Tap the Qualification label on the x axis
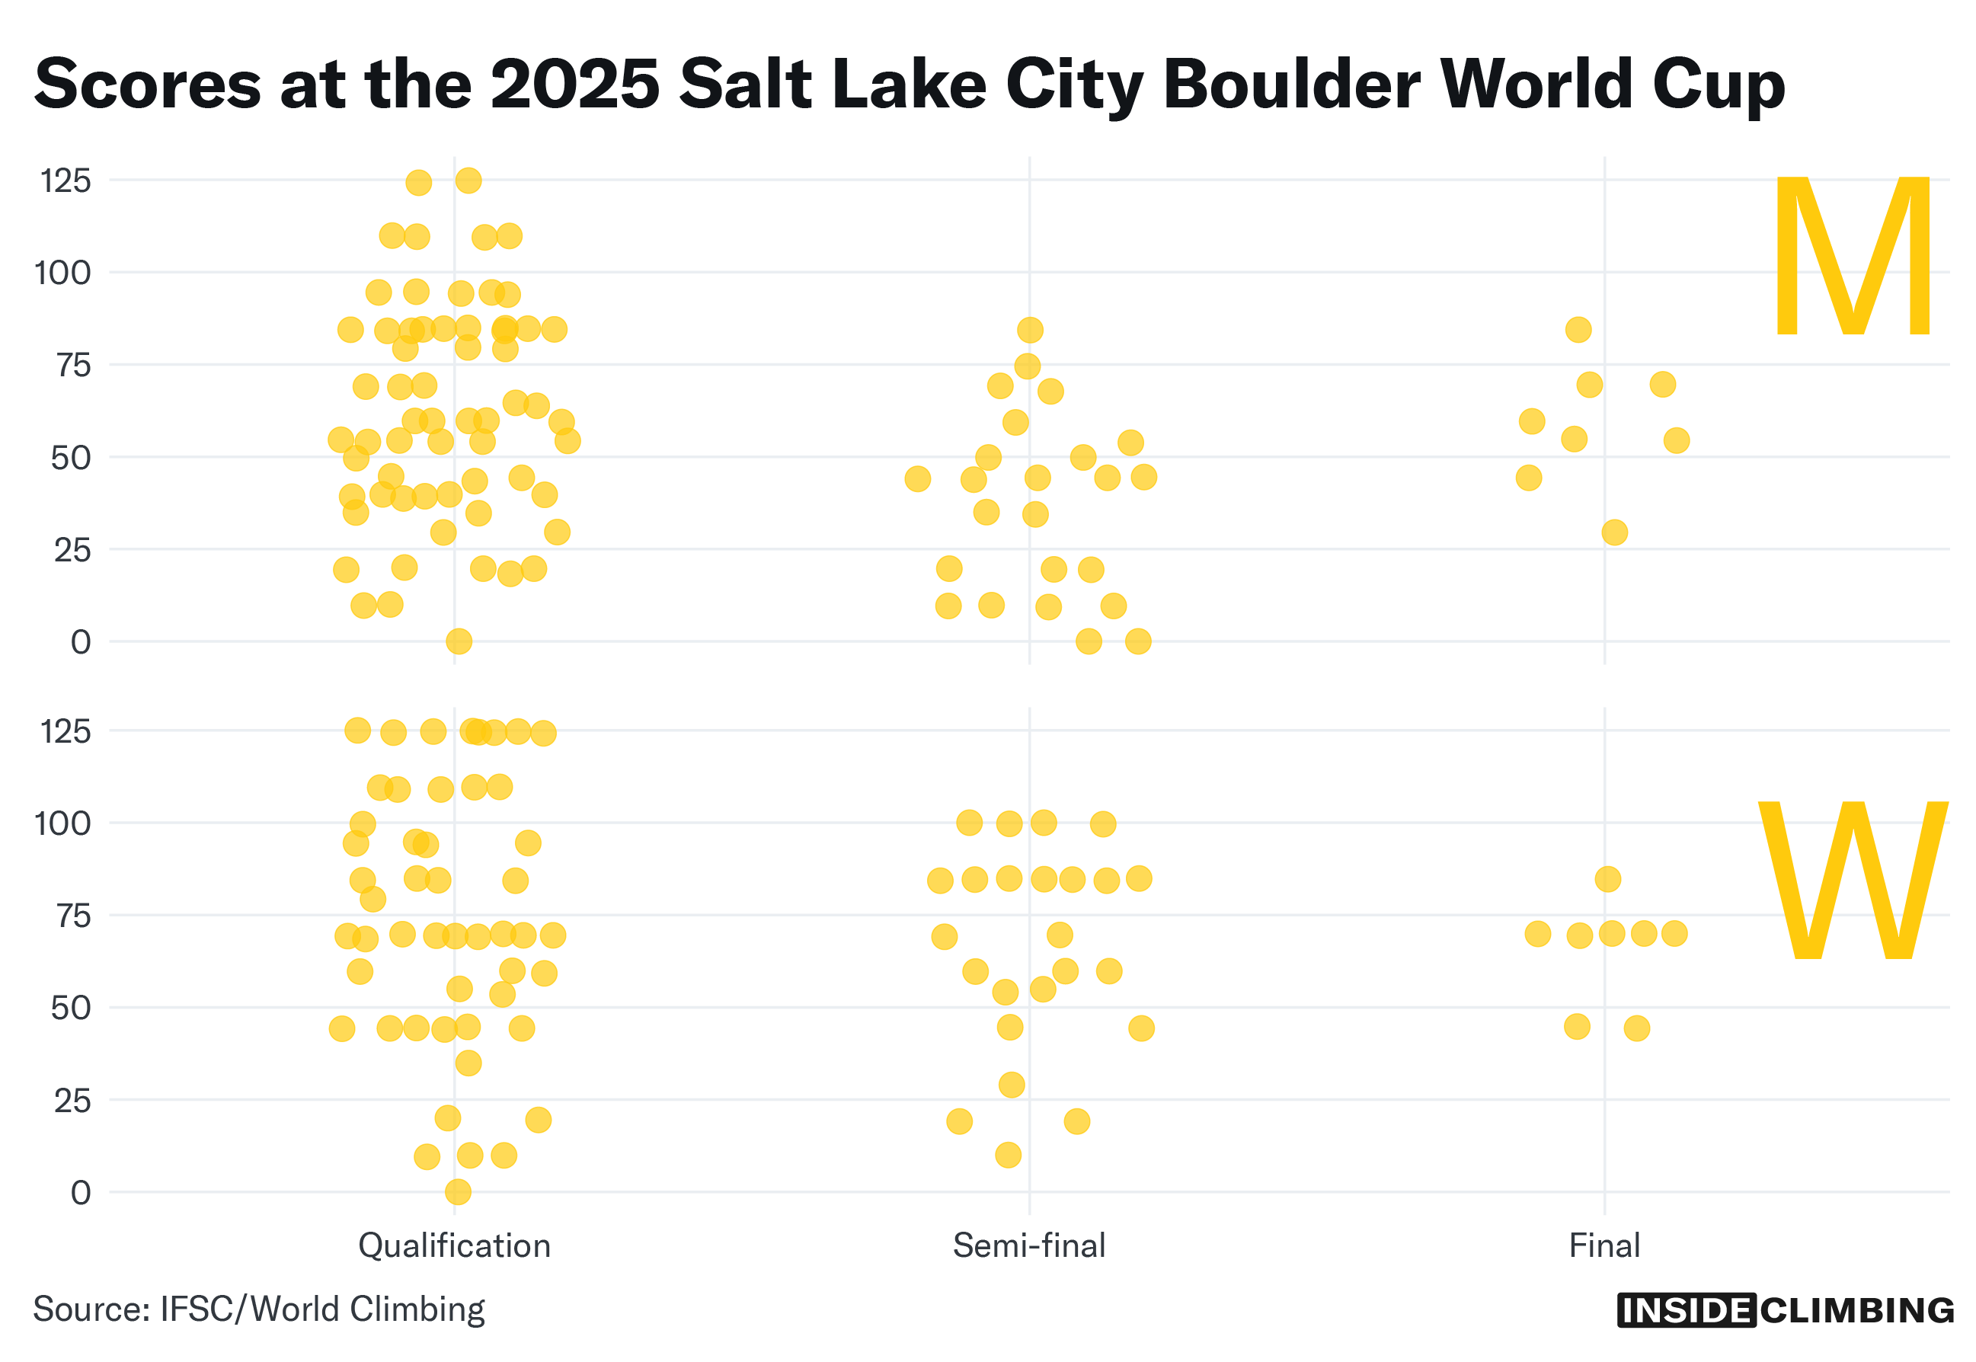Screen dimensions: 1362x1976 click(454, 1246)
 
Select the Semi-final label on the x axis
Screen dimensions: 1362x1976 click(1028, 1246)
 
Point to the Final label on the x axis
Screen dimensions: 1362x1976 click(1604, 1246)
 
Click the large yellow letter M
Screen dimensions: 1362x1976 click(1851, 256)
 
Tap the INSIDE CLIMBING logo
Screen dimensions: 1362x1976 click(1784, 1310)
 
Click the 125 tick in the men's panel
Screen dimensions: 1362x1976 click(66, 181)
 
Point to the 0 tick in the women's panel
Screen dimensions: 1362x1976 click(81, 1192)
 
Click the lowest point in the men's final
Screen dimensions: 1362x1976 click(1613, 532)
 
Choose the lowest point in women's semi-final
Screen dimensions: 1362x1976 click(1008, 1155)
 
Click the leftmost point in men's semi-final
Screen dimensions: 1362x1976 click(916, 478)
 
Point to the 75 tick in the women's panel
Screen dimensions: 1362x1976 click(73, 916)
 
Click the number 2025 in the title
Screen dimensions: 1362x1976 click(575, 85)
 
